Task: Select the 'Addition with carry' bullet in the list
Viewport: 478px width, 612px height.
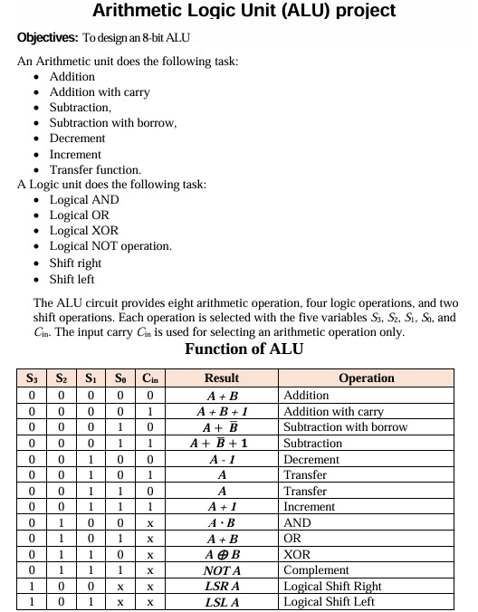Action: coord(100,92)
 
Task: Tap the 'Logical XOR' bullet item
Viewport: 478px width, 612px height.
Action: coord(83,231)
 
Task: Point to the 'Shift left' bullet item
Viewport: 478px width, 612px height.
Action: coord(72,279)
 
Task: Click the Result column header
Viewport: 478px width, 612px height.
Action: coord(222,379)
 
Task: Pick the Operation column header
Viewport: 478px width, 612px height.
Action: coord(366,379)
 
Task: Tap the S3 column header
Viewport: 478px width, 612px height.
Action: coord(32,379)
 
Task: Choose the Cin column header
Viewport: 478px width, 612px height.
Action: coord(150,379)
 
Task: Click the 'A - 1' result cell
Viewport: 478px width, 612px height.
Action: coord(222,459)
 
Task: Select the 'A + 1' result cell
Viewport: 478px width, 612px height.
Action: coord(222,507)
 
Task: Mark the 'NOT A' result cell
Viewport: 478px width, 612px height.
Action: coord(222,570)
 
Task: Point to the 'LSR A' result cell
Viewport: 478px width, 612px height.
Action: coord(222,587)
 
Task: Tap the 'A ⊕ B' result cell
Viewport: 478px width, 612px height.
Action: coord(222,554)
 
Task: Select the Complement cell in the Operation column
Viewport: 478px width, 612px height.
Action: coord(316,570)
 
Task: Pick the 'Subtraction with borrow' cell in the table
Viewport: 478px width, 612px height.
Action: coord(345,427)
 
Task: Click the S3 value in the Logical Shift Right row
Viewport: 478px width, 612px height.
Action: coord(32,587)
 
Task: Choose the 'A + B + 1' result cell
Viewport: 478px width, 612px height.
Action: coord(222,411)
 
